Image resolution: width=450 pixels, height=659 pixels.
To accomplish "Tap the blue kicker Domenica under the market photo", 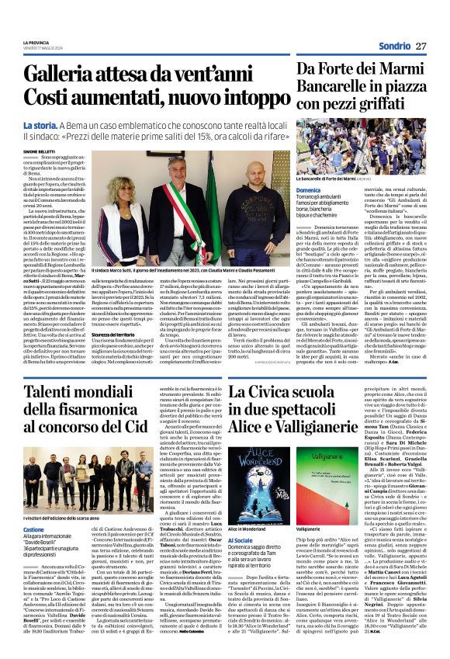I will tap(309, 189).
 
